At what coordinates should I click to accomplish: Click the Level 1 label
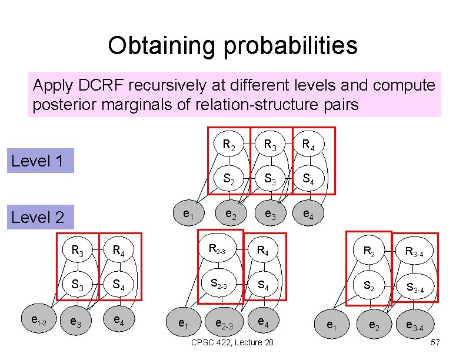[38, 161]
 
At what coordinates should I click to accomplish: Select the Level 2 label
[38, 217]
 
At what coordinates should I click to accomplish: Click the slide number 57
[435, 342]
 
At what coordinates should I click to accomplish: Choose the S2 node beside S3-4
[368, 286]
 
